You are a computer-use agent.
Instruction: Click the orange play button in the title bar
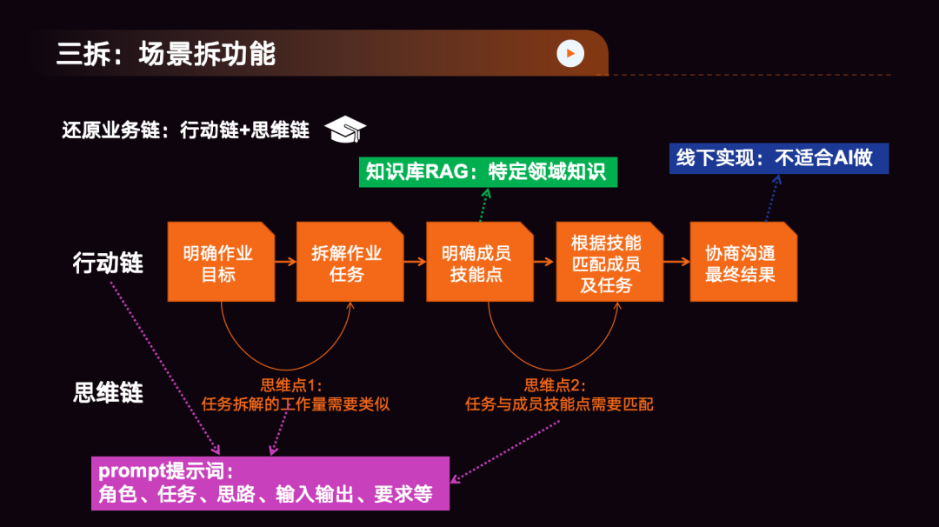click(570, 53)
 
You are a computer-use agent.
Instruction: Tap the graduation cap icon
click(345, 130)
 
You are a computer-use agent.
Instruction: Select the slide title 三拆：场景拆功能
click(166, 54)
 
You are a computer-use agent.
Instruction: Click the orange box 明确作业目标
click(219, 263)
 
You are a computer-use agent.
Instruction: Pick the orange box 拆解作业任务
click(348, 263)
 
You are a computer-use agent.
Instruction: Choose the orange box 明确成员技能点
click(477, 263)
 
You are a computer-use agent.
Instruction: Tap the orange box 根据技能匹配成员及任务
click(607, 263)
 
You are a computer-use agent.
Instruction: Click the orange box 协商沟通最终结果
click(742, 263)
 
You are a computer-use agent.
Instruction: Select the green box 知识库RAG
click(488, 170)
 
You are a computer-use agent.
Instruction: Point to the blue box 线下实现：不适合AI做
click(779, 158)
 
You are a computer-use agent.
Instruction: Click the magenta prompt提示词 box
click(270, 483)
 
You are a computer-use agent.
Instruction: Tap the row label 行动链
click(108, 263)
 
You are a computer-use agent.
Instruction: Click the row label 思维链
click(108, 392)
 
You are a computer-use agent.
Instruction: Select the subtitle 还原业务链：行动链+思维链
click(186, 130)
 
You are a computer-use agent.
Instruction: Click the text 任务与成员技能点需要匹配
click(559, 404)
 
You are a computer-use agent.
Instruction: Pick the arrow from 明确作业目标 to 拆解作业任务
click(284, 260)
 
